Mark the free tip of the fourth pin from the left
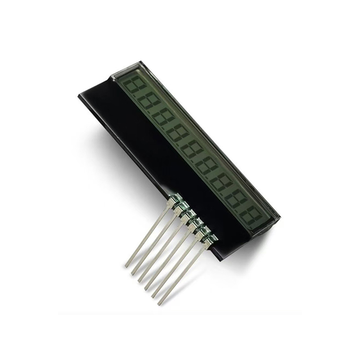[146, 288]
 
